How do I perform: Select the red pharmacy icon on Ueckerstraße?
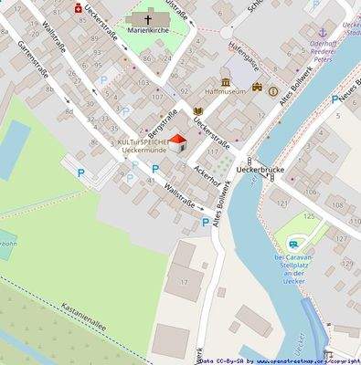pyautogui.click(x=79, y=8)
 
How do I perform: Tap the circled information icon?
pyautogui.click(x=272, y=90)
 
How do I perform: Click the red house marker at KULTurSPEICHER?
pyautogui.click(x=177, y=142)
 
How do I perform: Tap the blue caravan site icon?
pyautogui.click(x=294, y=244)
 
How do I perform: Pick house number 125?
pyautogui.click(x=309, y=216)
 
